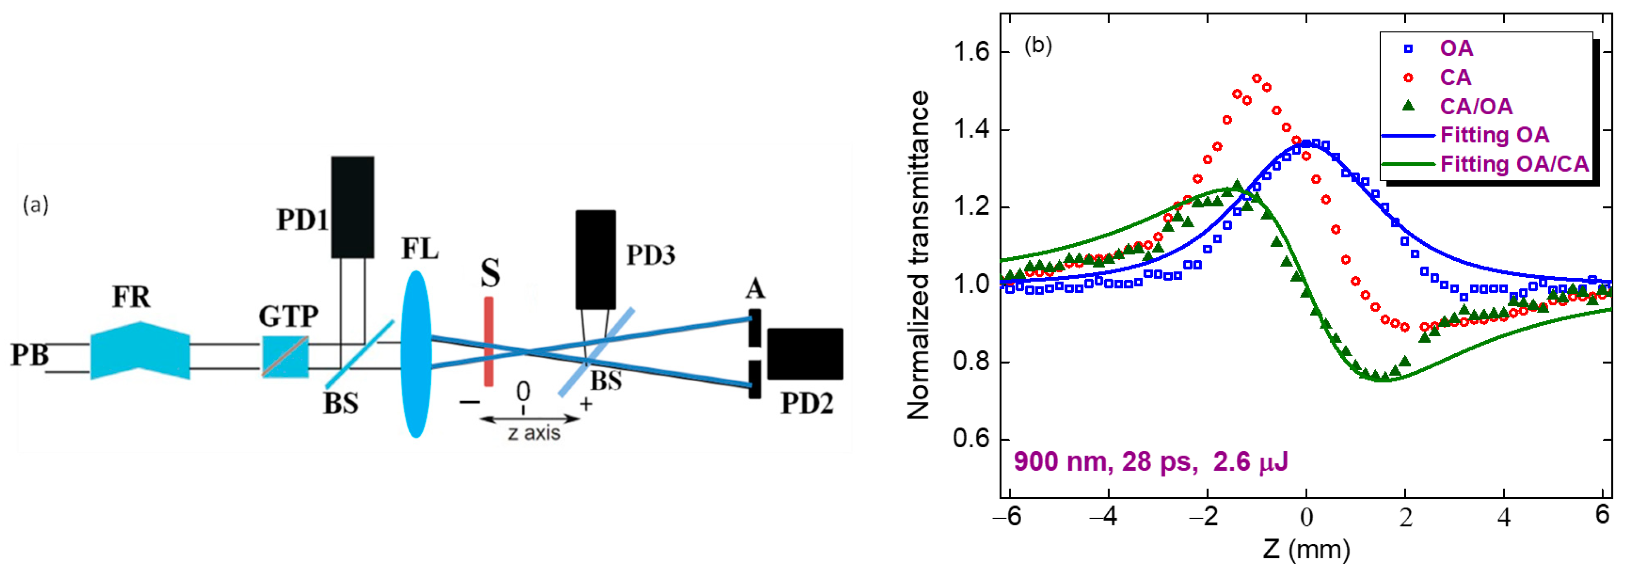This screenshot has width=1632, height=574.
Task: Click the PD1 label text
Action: pyautogui.click(x=302, y=220)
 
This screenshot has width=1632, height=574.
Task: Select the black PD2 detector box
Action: pyautogui.click(x=805, y=354)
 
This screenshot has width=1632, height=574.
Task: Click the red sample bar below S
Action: pyautogui.click(x=489, y=342)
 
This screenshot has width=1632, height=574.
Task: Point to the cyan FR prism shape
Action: pyautogui.click(x=140, y=350)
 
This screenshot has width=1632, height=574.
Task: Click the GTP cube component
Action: pyautogui.click(x=286, y=357)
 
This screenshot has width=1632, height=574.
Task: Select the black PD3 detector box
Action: pyautogui.click(x=595, y=259)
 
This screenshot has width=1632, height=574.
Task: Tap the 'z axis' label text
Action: pyautogui.click(x=534, y=433)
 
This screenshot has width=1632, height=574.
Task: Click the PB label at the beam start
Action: pyautogui.click(x=29, y=355)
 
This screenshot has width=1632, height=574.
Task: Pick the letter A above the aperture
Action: pyautogui.click(x=755, y=290)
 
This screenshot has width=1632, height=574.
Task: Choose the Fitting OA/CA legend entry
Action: pyautogui.click(x=1514, y=164)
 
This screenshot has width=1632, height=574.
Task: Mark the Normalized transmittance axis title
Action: pyautogui.click(x=918, y=255)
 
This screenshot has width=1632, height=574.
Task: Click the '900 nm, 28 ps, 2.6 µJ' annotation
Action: pyautogui.click(x=1150, y=462)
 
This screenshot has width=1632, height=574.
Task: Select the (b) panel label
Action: pyautogui.click(x=1038, y=46)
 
